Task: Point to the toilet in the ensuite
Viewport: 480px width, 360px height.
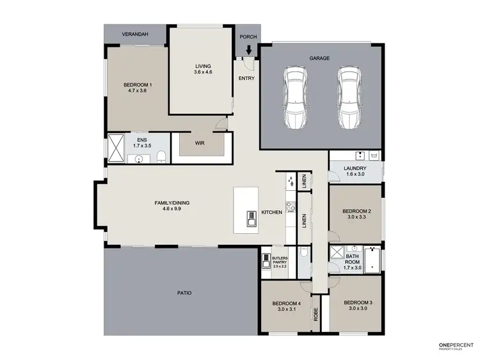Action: coord(161,156)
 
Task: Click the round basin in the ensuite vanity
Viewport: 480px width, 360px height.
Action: coord(138,158)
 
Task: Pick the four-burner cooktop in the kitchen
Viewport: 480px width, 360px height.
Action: coord(289,206)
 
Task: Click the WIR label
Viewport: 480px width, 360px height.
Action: coord(200,143)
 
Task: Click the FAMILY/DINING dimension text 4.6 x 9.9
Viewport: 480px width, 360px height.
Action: coord(172,209)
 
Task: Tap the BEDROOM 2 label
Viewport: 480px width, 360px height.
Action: coord(356,211)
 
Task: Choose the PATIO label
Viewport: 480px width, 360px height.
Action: coord(184,293)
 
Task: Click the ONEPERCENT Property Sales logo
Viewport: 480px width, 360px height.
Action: coord(455,347)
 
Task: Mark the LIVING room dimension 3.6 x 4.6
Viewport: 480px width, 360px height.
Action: coord(203,72)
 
